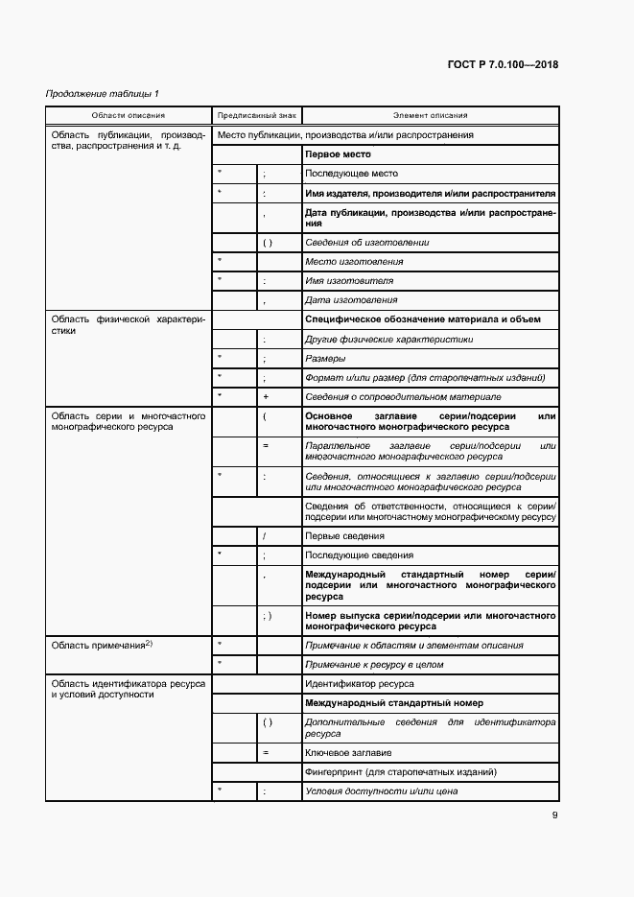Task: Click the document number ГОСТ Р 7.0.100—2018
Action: point(503,65)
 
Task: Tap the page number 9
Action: point(555,816)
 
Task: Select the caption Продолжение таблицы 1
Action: point(103,93)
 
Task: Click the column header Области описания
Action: point(129,115)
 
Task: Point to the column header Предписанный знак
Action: point(256,115)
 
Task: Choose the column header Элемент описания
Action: point(430,115)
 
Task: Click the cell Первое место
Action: point(338,154)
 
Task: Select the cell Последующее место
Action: point(350,174)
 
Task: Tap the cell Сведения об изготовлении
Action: point(366,243)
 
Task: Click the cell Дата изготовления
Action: point(351,300)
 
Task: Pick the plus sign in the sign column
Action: point(265,396)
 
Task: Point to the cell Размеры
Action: point(326,358)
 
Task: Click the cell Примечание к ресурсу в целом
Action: point(374,664)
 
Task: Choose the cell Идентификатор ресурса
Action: point(359,684)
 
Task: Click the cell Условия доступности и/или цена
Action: point(381,791)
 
